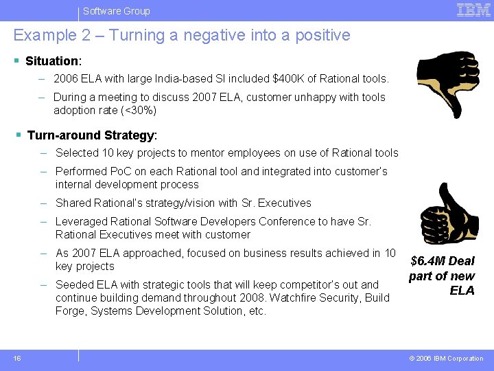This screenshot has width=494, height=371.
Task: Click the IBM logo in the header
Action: tap(473, 10)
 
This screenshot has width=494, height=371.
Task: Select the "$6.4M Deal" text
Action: tap(443, 261)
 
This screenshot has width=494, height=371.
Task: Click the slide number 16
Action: tap(16, 358)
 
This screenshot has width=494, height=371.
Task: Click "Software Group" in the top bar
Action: tap(116, 11)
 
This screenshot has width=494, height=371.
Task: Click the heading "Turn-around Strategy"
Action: tap(91, 135)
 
